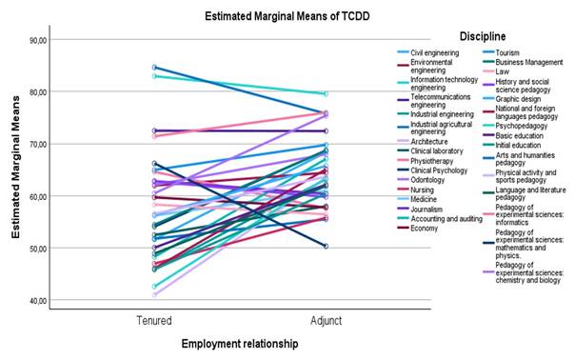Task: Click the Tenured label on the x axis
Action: (x=156, y=322)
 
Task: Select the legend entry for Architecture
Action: (x=429, y=141)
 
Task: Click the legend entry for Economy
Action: (x=425, y=228)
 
